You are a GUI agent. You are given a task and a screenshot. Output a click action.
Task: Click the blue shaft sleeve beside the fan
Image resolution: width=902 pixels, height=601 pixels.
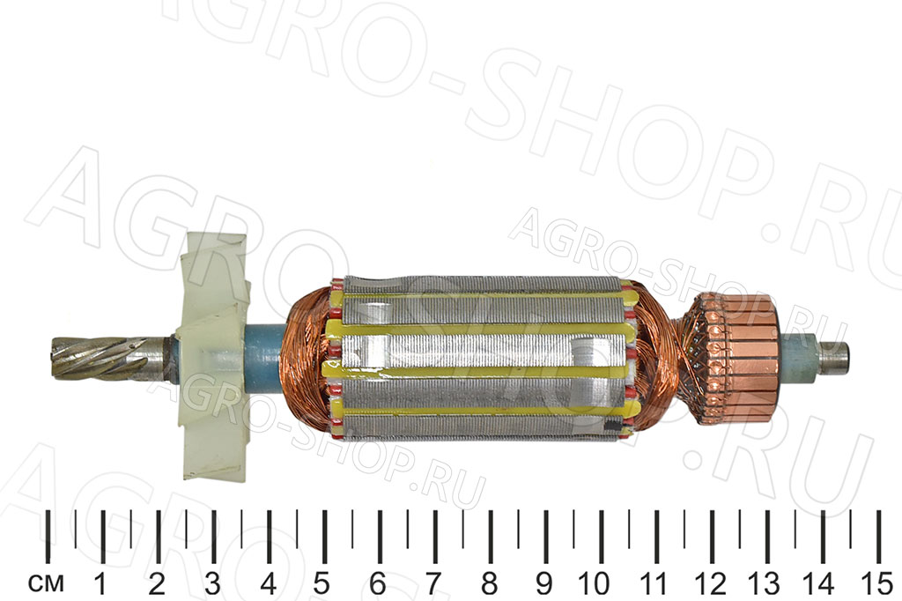264,356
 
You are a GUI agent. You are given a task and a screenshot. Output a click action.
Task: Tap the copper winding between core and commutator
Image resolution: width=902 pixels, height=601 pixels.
662,357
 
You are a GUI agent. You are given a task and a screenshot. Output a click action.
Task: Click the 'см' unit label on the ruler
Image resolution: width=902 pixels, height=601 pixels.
46,583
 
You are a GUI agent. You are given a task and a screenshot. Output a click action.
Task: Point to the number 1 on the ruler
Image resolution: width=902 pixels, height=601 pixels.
101,583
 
